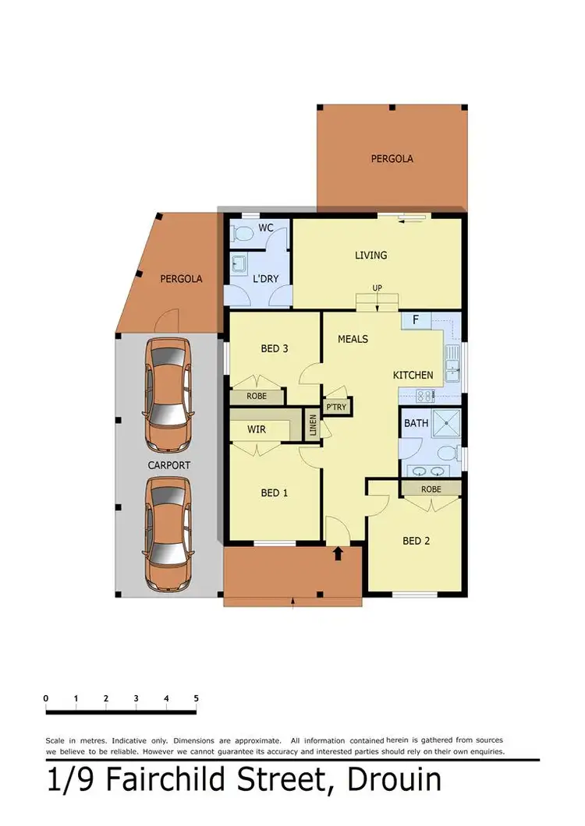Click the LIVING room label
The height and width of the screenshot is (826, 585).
(x=370, y=255)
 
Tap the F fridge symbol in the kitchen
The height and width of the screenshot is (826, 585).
(x=416, y=319)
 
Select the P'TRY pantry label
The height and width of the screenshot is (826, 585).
(x=337, y=406)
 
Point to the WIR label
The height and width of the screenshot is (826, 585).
(x=257, y=429)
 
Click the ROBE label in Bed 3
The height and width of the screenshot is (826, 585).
(x=256, y=396)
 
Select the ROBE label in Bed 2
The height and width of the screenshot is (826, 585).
(x=431, y=489)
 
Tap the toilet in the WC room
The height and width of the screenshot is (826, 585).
(x=241, y=232)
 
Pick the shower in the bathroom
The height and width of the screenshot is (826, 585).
(x=442, y=425)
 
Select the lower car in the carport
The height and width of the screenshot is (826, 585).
(x=167, y=534)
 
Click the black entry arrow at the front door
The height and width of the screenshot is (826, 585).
(x=338, y=554)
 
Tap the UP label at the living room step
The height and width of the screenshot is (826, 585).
(x=378, y=288)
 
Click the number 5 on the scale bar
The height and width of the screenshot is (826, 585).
(x=196, y=698)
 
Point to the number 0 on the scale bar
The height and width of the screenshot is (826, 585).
(x=46, y=698)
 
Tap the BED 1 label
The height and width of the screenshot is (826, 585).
(x=275, y=492)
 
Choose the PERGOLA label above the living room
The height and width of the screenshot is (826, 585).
(x=392, y=158)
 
